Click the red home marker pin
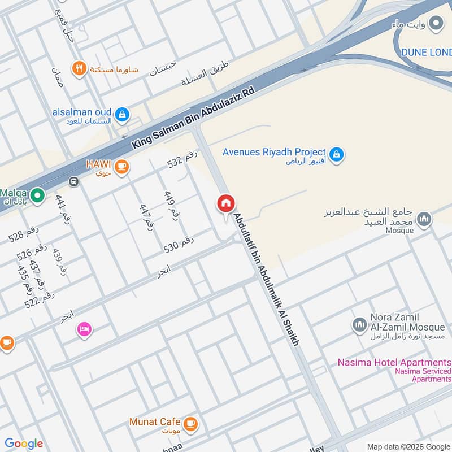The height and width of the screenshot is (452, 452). (226, 204)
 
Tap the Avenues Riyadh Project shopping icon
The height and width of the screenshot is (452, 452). (337, 154)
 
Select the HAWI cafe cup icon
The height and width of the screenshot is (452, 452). (121, 166)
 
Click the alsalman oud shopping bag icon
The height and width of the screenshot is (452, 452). (122, 115)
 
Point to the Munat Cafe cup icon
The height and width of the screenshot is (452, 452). (191, 423)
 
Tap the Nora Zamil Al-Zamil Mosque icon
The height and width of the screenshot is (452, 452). (359, 324)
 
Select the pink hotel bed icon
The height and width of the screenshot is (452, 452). (84, 329)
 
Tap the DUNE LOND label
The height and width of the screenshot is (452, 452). (426, 52)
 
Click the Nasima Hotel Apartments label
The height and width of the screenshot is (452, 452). (394, 362)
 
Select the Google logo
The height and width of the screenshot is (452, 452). (24, 444)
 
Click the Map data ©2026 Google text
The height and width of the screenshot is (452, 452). (408, 446)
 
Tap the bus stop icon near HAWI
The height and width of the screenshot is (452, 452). (73, 181)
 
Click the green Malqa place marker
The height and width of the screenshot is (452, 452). (37, 196)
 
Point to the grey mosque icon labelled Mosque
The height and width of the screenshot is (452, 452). (425, 219)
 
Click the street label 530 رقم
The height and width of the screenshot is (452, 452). (179, 244)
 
